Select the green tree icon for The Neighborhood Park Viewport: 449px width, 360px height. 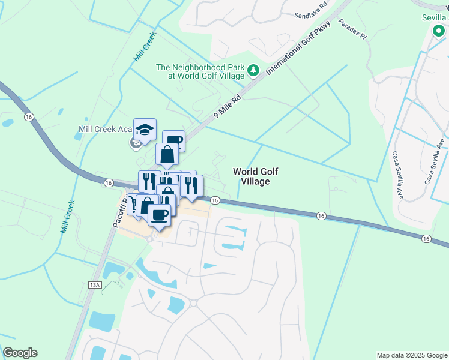point(253,71)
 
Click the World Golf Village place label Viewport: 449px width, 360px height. point(251,176)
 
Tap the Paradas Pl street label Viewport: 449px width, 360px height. point(352,29)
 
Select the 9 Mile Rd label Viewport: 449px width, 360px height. point(228,106)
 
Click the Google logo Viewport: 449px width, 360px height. point(20,353)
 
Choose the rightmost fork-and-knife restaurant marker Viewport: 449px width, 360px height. point(191,186)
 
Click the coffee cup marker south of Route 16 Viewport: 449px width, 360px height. point(159,215)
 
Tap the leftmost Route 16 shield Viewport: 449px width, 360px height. point(28,117)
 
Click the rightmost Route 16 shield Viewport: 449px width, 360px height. point(426,238)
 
